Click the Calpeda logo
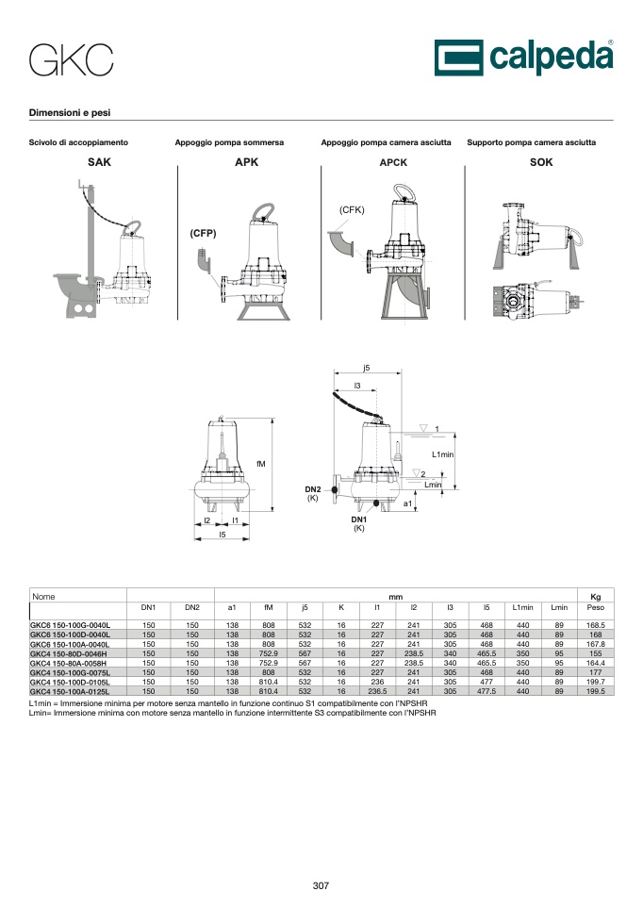click(x=524, y=58)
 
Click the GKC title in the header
click(x=71, y=60)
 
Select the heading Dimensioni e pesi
click(x=70, y=113)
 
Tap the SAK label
click(x=99, y=162)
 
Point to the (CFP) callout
click(x=203, y=233)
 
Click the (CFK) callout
click(x=352, y=209)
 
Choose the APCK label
click(x=393, y=162)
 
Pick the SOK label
click(x=541, y=162)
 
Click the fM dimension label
click(x=261, y=464)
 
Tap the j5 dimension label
click(x=366, y=368)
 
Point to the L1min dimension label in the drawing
click(x=443, y=454)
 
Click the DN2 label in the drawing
click(x=313, y=489)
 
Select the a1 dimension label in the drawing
click(x=407, y=503)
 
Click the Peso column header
click(x=596, y=607)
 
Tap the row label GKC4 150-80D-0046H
click(x=68, y=653)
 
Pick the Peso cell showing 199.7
click(x=596, y=682)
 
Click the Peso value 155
click(x=596, y=653)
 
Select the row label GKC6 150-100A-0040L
click(x=70, y=644)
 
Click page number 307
click(x=321, y=885)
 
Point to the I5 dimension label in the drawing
click(x=223, y=535)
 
